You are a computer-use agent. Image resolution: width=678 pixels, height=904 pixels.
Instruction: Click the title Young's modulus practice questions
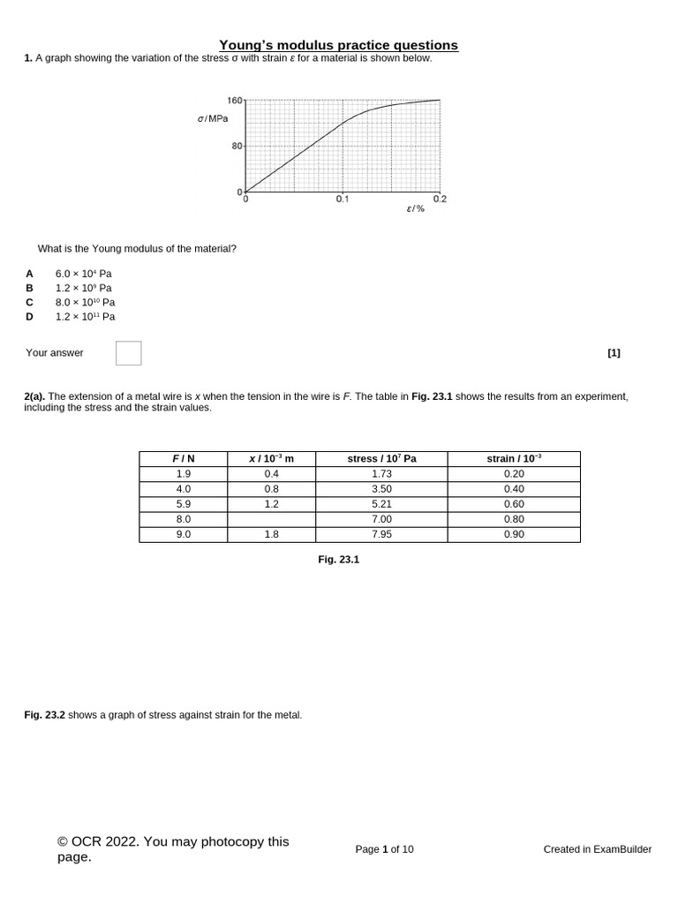338,45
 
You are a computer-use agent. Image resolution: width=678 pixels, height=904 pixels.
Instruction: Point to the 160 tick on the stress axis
235,100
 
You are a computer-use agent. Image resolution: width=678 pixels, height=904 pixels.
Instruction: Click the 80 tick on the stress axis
237,146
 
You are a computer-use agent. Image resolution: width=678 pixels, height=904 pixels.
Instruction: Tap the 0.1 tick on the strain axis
343,200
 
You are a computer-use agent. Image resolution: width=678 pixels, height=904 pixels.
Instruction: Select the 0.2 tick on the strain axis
440,200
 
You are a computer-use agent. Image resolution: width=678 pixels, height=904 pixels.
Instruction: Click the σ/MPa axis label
213,117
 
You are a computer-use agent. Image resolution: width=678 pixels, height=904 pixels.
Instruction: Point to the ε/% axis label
415,208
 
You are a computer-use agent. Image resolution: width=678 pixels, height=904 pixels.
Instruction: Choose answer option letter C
29,302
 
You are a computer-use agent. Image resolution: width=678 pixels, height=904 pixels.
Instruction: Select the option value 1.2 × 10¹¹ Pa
85,316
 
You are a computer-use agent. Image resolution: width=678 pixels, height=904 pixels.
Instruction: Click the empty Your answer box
128,353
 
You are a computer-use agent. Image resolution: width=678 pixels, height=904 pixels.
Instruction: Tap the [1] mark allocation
614,353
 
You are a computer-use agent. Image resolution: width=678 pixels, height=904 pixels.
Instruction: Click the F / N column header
183,459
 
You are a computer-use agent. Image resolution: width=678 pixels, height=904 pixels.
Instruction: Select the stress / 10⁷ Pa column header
381,459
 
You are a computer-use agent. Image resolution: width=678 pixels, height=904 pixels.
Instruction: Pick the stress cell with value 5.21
381,504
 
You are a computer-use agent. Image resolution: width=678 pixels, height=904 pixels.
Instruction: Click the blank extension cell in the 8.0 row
271,519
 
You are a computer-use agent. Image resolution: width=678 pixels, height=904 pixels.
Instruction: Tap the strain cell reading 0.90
514,534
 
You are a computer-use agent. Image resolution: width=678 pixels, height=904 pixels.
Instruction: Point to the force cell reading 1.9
183,474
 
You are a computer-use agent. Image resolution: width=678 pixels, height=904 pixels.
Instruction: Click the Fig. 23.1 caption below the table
338,560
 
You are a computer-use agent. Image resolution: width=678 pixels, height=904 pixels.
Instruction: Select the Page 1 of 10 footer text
384,849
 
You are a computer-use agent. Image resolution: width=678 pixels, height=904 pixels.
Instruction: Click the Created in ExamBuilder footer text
597,849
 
